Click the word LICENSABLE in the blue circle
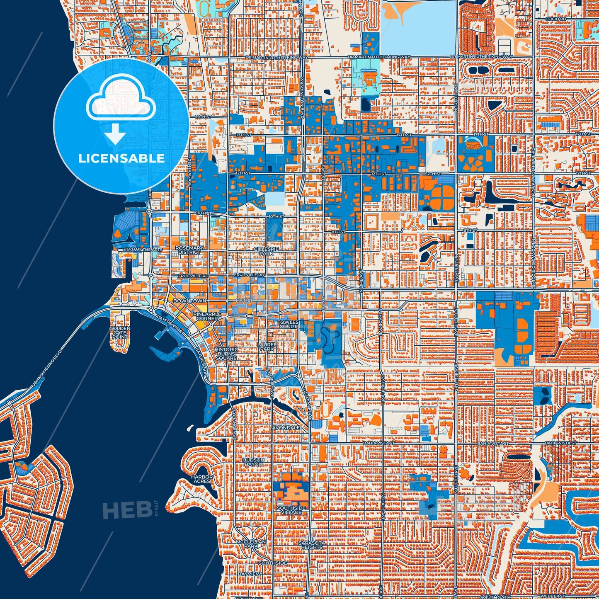pyautogui.click(x=121, y=158)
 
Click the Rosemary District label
pyautogui.click(x=189, y=250)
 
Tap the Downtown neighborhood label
pyautogui.click(x=189, y=301)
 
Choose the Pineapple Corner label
pyautogui.click(x=207, y=316)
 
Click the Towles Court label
pyautogui.click(x=288, y=324)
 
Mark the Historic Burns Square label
pyautogui.click(x=226, y=354)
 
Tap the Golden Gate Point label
pyautogui.click(x=120, y=332)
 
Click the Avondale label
pyautogui.click(x=286, y=427)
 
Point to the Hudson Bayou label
pyautogui.click(x=253, y=462)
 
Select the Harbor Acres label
pyautogui.click(x=202, y=479)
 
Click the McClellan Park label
pyautogui.click(x=247, y=544)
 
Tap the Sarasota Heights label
pyautogui.click(x=311, y=545)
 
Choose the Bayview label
pyautogui.click(x=249, y=574)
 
